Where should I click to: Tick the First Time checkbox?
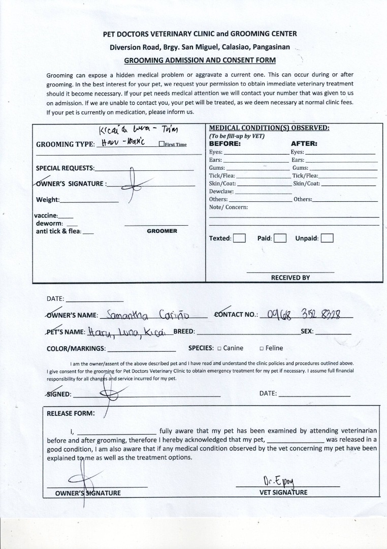[x=162, y=144]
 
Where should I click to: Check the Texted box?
[x=239, y=238]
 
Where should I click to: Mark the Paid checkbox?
[x=280, y=238]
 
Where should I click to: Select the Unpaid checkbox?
[x=327, y=238]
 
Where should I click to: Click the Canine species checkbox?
[x=219, y=349]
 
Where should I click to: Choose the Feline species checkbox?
[x=261, y=349]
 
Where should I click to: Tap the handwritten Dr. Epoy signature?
[x=275, y=481]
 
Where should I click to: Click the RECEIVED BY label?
[x=290, y=278]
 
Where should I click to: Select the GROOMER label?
[x=162, y=231]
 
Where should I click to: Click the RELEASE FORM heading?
[x=71, y=413]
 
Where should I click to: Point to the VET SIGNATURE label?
[x=283, y=493]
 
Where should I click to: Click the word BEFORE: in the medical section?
[x=225, y=143]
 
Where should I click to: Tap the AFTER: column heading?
[x=304, y=143]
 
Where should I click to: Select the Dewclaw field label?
[x=221, y=192]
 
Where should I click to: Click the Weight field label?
[x=48, y=200]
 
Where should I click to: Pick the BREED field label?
[x=184, y=332]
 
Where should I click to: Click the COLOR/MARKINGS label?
[x=76, y=349]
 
